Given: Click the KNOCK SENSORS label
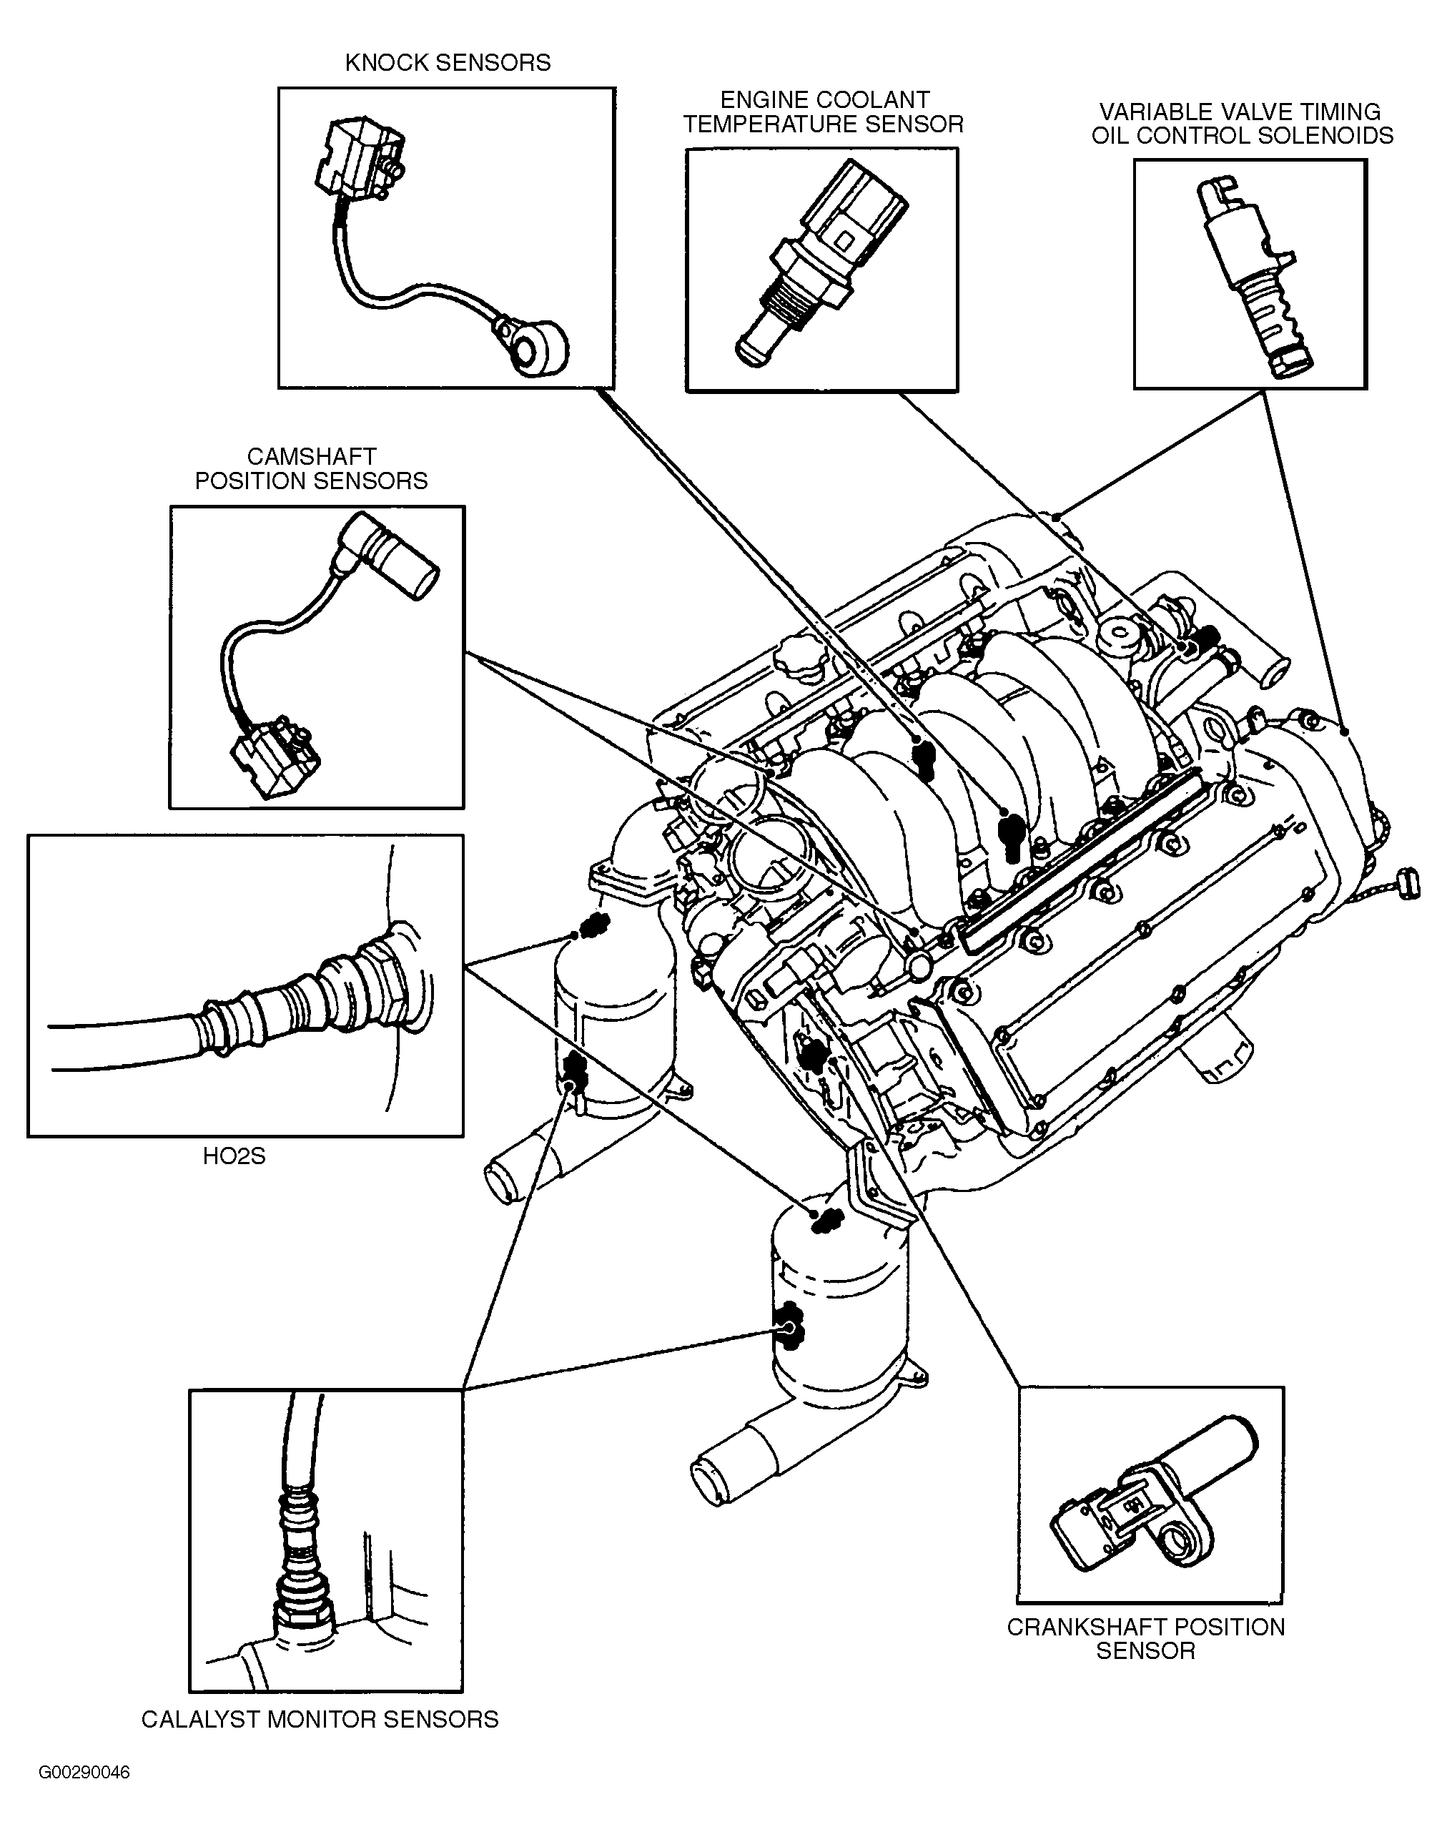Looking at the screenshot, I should [448, 63].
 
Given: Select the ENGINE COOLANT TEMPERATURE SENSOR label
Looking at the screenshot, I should [824, 112].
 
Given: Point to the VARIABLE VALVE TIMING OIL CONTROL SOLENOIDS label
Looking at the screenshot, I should [1241, 124].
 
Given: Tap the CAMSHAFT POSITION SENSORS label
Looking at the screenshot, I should [311, 468].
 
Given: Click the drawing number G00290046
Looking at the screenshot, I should [84, 1773].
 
